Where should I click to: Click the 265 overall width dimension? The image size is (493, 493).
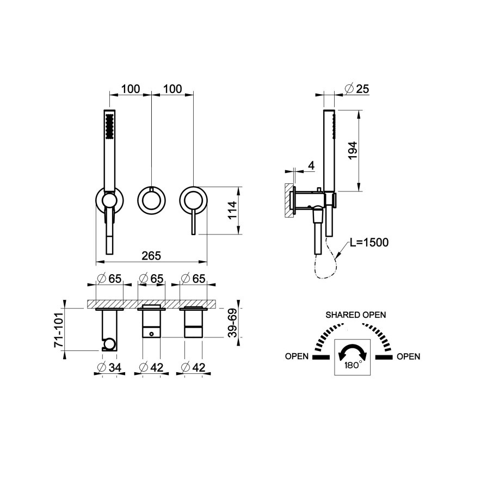(x=151, y=256)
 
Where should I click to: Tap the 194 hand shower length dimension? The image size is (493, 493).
(x=353, y=151)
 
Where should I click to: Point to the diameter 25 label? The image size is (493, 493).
(x=357, y=89)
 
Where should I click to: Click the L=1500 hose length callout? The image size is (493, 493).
(x=369, y=242)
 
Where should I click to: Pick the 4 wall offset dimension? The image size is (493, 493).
(x=311, y=166)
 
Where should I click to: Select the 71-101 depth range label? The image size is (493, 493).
(x=59, y=330)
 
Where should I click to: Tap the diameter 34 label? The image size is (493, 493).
(x=110, y=367)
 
